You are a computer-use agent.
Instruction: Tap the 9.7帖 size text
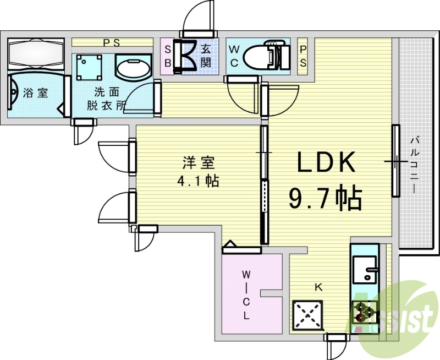pos(325,198)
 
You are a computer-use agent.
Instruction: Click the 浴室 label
pos(36,93)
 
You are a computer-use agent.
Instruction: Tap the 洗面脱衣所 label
pos(106,97)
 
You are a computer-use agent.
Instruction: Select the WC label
pos(234,55)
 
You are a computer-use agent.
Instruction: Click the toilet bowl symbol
pos(258,56)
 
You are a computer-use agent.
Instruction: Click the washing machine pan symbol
pos(90,67)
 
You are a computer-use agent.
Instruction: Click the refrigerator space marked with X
pos(309,315)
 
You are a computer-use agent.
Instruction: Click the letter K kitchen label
pos(318,287)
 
